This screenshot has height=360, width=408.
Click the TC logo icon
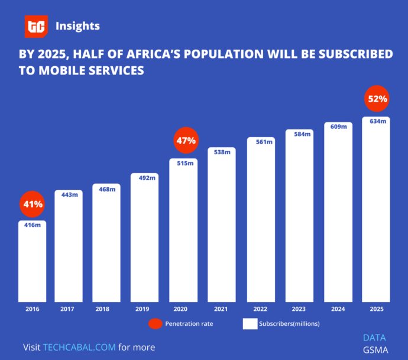tap(35, 27)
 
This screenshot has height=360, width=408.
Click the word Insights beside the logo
tap(77, 26)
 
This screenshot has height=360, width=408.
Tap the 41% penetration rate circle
tap(33, 205)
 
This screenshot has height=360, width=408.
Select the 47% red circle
tap(186, 141)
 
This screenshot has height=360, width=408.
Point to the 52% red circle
tap(377, 99)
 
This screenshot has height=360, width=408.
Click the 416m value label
tap(32, 225)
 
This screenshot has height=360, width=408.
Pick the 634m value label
tap(377, 121)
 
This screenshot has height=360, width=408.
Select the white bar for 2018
tap(106, 245)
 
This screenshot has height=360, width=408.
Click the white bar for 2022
tap(261, 222)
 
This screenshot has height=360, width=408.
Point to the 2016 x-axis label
tap(32, 309)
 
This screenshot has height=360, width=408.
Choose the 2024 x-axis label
tap(338, 309)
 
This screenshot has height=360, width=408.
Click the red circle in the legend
tap(156, 324)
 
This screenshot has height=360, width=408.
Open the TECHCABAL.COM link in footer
tap(79, 347)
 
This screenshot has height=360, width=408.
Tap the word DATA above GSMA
tap(374, 338)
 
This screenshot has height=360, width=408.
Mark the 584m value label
tap(299, 134)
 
